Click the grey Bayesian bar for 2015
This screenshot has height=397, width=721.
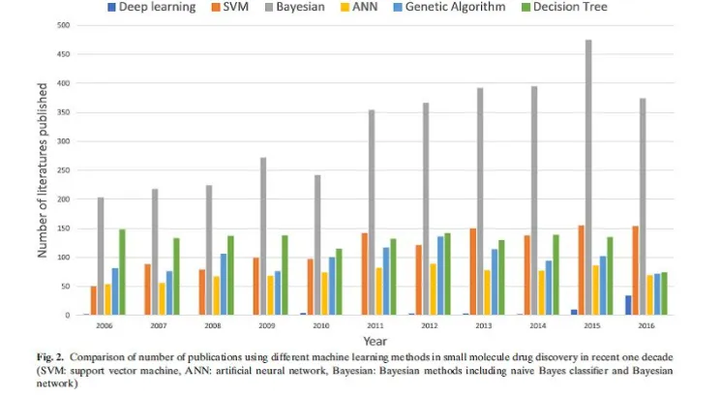588,177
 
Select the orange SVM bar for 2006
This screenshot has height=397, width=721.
93,301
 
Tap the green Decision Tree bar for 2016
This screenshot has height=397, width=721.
664,293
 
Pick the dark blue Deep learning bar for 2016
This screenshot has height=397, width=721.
628,305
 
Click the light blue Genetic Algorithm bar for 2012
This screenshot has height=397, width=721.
440,276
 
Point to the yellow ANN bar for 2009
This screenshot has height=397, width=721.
270,295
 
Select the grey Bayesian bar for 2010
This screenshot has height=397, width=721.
317,245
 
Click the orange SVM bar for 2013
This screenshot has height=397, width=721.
472,272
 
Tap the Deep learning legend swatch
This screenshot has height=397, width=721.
111,8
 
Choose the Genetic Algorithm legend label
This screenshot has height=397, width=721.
455,7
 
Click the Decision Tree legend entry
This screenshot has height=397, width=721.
564,7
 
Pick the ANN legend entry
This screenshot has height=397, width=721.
359,7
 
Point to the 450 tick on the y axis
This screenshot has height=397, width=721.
64,54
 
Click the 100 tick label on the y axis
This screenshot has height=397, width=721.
64,258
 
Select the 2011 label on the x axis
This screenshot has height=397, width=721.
376,325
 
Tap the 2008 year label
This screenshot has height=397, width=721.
213,325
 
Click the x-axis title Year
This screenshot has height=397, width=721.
376,342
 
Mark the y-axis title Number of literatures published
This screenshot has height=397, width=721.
43,170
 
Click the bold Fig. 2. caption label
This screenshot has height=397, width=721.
50,357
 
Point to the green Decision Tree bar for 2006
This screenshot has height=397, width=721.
122,272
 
